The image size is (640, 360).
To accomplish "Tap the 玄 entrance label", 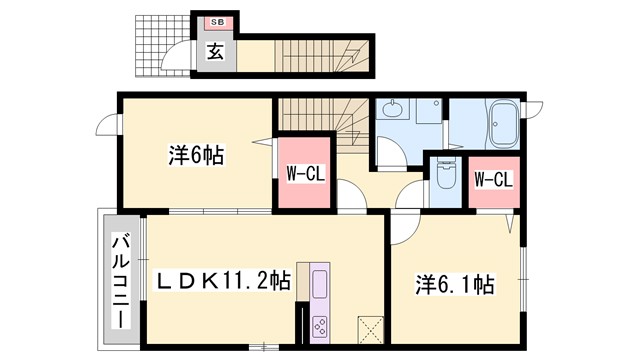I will pos(215,52).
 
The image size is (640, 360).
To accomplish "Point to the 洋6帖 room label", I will pos(195,156).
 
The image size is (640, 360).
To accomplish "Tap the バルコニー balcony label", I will pos(119,279).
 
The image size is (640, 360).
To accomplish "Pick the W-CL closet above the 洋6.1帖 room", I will pos(492,180).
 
